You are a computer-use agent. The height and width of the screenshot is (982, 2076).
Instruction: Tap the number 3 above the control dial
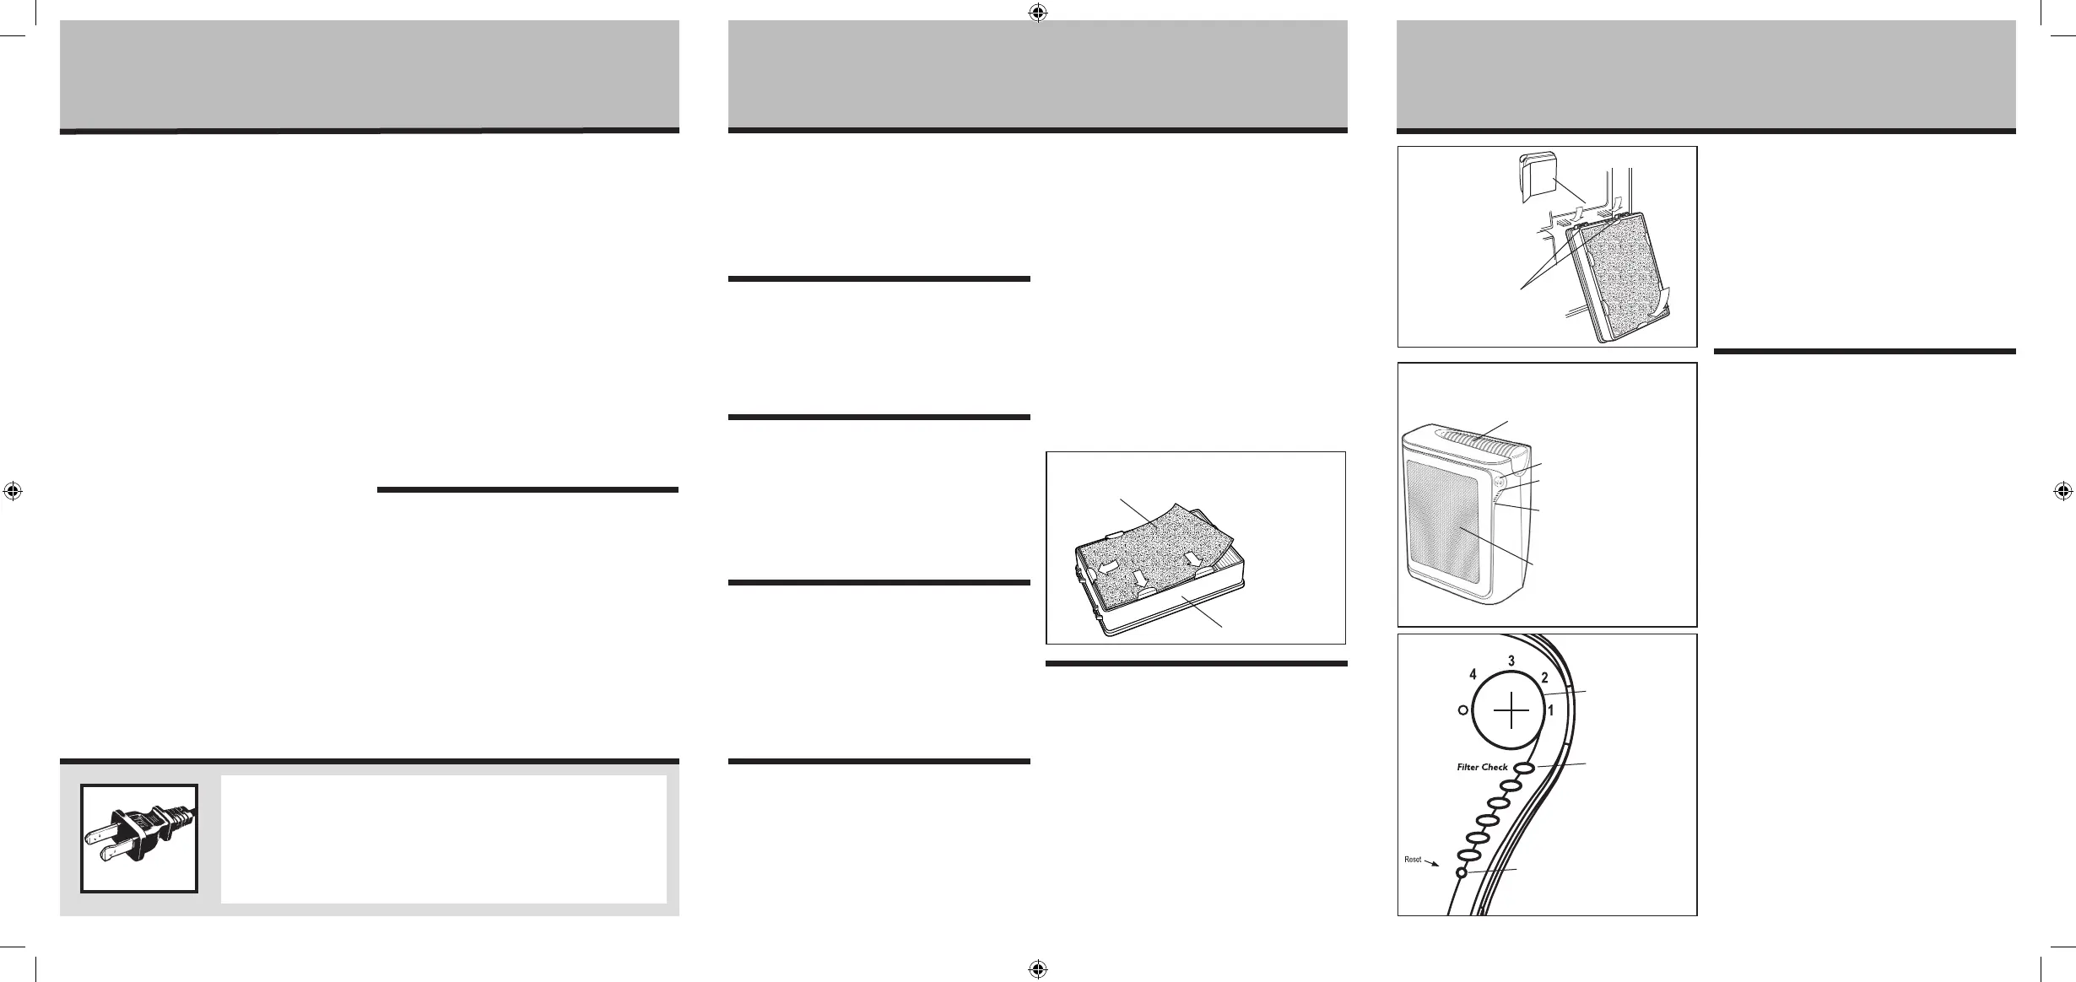pos(1512,660)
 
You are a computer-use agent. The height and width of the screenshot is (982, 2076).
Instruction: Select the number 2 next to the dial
pos(1544,677)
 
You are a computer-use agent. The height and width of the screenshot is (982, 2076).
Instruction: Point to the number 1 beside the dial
pos(1550,711)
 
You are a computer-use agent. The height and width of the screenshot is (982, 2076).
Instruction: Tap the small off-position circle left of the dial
pos(1462,710)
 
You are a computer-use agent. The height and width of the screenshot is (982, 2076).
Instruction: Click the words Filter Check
pos(1482,768)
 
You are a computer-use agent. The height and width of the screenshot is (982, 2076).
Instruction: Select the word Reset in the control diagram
pos(1413,860)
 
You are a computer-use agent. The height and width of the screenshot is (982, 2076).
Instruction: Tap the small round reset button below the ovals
pos(1460,873)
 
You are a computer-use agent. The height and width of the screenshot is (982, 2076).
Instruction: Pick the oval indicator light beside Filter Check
pos(1523,768)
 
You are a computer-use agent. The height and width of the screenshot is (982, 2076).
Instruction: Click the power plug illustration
pos(139,838)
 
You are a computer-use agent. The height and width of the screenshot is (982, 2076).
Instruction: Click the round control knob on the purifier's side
pos(1500,482)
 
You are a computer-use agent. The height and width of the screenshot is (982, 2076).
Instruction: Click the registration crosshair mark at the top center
pos(1038,13)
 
